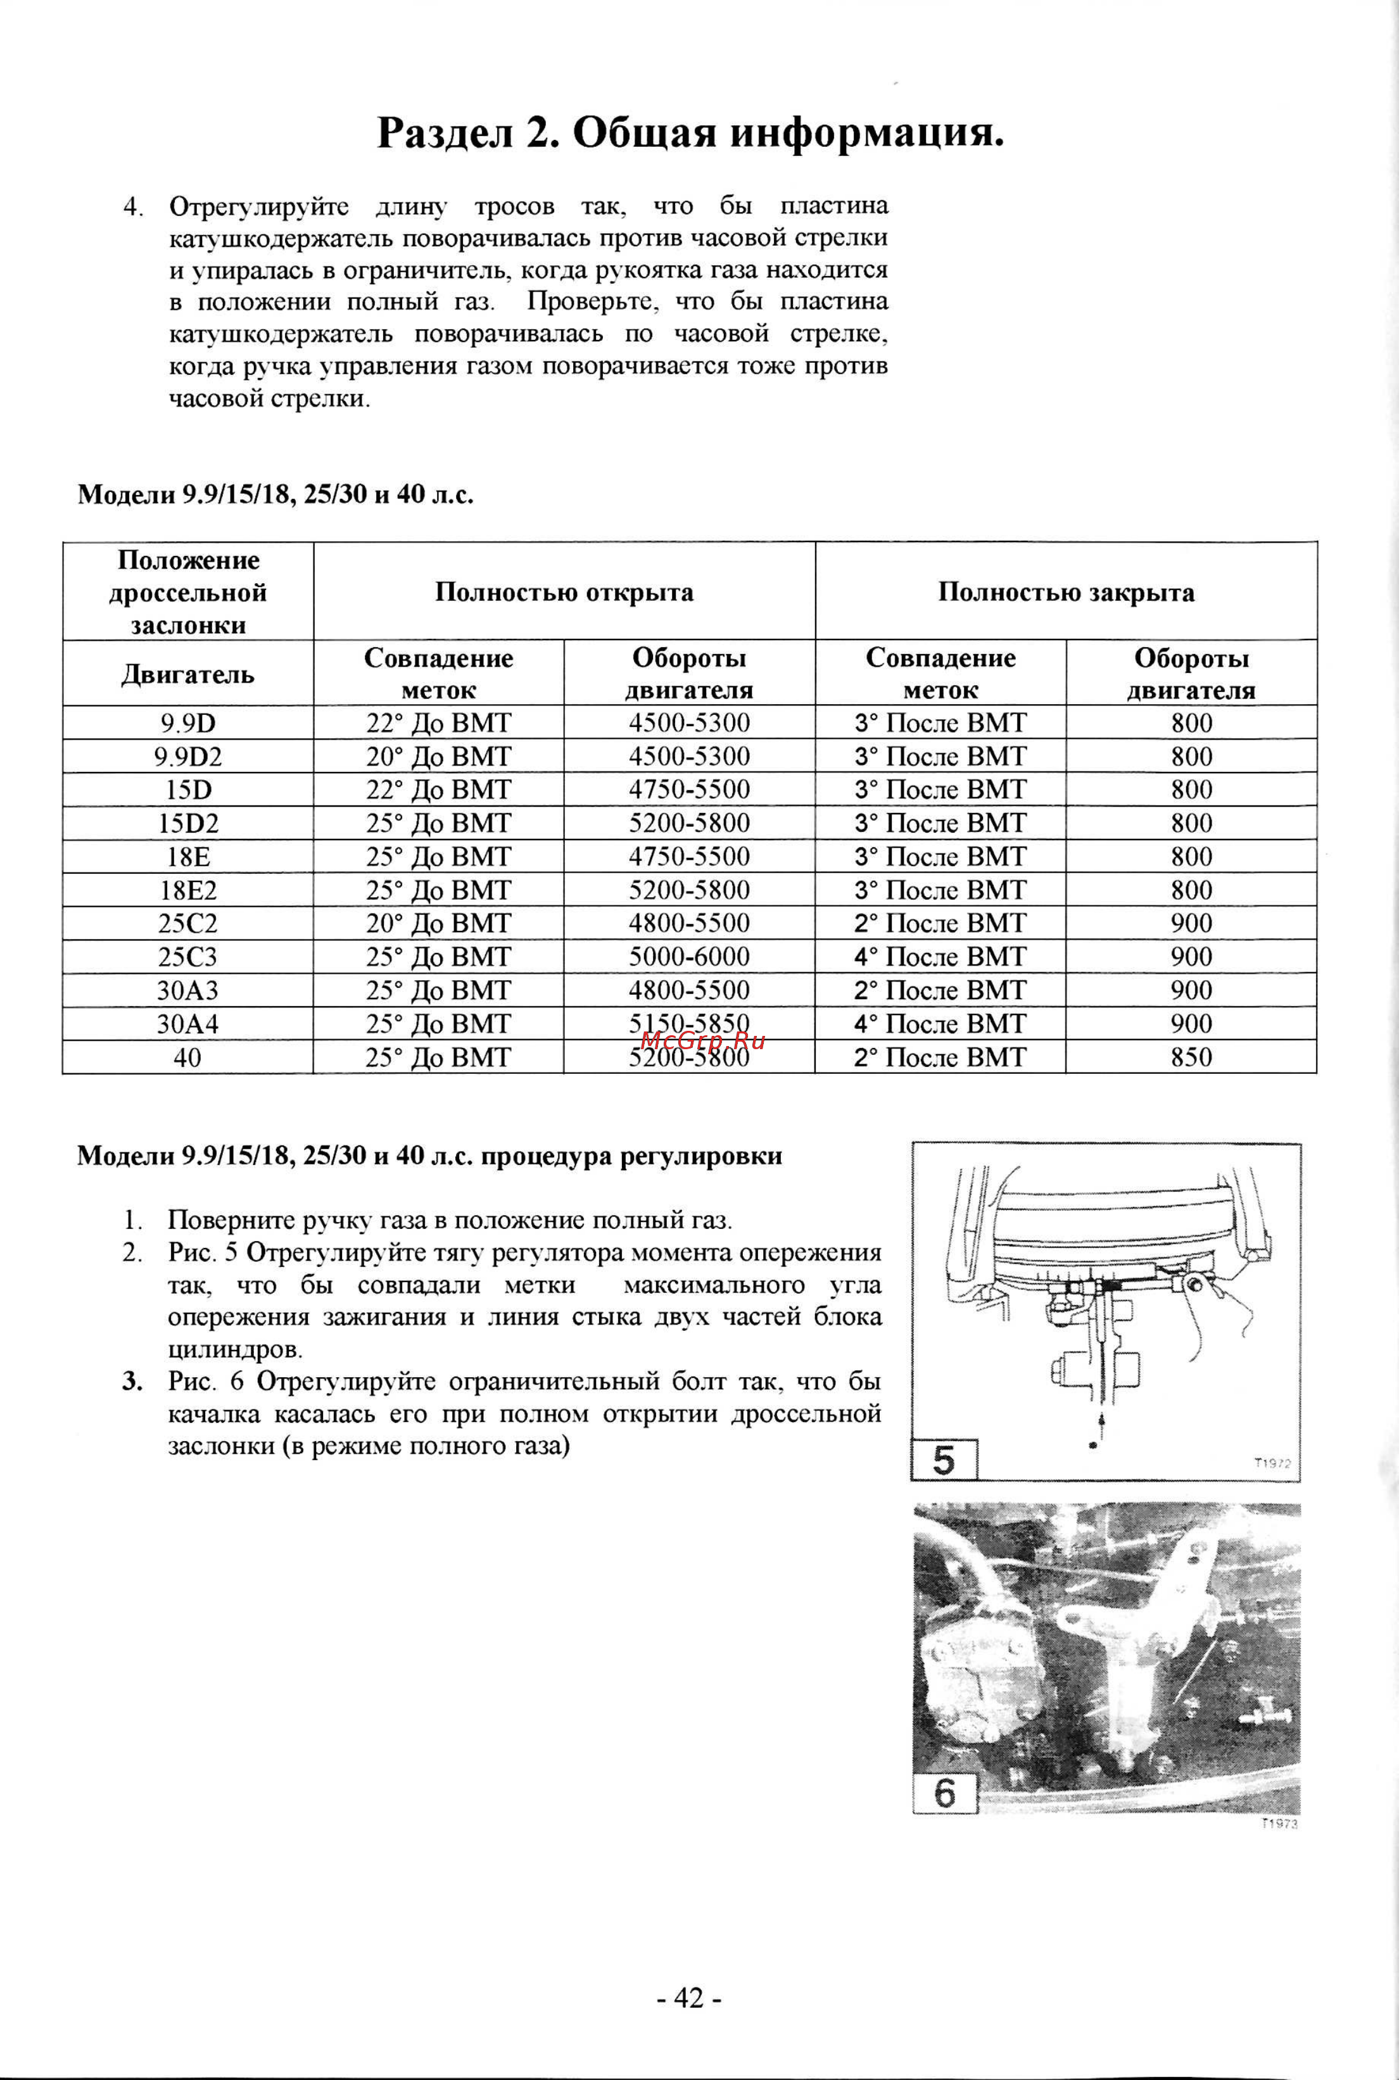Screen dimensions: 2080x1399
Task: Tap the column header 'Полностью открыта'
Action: coord(564,592)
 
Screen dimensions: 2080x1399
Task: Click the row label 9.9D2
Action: coord(187,757)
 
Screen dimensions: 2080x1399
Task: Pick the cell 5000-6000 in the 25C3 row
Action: coord(689,957)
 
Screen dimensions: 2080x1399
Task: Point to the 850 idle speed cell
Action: coord(1191,1058)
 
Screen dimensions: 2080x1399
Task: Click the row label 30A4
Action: coord(187,1024)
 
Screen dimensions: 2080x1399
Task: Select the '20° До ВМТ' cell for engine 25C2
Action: coord(438,923)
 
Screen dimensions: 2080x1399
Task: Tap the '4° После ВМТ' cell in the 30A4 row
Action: coord(939,1024)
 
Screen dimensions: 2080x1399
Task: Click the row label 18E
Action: coord(187,856)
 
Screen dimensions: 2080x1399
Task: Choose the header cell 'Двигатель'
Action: coord(187,674)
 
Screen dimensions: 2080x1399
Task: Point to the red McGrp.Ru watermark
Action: coord(703,1040)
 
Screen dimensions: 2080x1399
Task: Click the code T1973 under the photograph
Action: coord(1279,1825)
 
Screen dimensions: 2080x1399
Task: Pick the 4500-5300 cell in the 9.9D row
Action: coord(689,722)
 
